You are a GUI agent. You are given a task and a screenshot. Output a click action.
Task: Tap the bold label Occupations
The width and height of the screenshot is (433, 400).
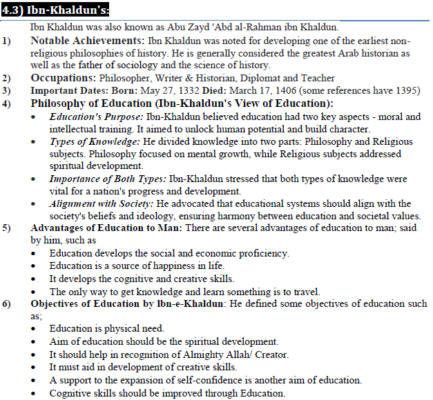point(64,78)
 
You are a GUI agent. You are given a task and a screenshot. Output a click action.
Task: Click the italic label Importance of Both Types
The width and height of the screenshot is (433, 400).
point(108,178)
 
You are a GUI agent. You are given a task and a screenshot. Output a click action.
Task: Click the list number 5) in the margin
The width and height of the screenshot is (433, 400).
point(7,228)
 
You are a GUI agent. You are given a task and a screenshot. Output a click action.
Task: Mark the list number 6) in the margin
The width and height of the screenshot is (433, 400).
point(7,304)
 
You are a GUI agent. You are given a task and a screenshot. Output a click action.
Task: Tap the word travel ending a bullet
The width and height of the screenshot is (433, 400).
point(305,292)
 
